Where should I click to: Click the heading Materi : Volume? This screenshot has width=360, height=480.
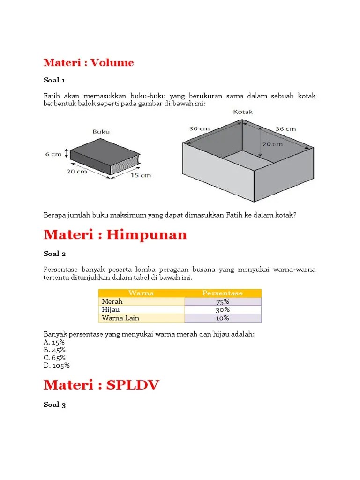pyautogui.click(x=89, y=62)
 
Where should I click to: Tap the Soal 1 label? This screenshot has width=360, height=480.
pyautogui.click(x=54, y=80)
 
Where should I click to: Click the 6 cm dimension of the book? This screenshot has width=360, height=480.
pyautogui.click(x=53, y=153)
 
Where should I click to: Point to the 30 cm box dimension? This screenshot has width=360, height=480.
pyautogui.click(x=199, y=128)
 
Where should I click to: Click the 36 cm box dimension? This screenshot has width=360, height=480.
pyautogui.click(x=285, y=128)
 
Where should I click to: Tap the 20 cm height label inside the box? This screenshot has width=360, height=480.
pyautogui.click(x=272, y=144)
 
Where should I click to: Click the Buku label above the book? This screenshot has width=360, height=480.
pyautogui.click(x=101, y=132)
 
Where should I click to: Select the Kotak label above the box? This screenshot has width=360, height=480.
pyautogui.click(x=242, y=112)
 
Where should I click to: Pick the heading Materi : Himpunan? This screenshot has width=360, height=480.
pyautogui.click(x=115, y=235)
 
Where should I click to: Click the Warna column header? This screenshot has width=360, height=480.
pyautogui.click(x=141, y=293)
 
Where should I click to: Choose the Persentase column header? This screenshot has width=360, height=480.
pyautogui.click(x=223, y=293)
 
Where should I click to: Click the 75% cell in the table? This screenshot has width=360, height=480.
pyautogui.click(x=223, y=301)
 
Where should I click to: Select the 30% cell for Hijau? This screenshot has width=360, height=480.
pyautogui.click(x=223, y=310)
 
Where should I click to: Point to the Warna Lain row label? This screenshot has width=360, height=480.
pyautogui.click(x=120, y=318)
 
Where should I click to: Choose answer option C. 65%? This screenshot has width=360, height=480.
pyautogui.click(x=54, y=358)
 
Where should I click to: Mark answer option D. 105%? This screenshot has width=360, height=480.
pyautogui.click(x=57, y=366)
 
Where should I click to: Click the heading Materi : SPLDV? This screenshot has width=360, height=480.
pyautogui.click(x=101, y=385)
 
